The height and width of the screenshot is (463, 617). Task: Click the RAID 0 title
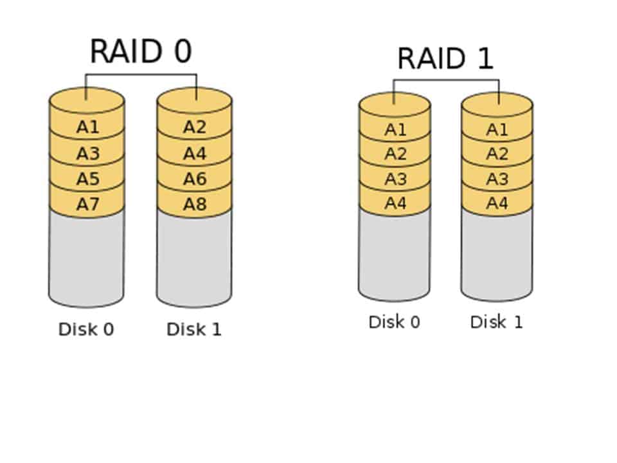coord(141,51)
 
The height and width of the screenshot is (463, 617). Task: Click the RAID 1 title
coord(445,59)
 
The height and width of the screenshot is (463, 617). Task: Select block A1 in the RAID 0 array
coord(87,127)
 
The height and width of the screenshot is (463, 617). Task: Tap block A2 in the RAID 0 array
coord(194,127)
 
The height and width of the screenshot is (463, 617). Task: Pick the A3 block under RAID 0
coord(87,154)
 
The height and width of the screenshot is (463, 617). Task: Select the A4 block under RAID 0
coord(194,154)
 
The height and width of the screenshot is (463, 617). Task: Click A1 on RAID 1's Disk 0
coord(395,130)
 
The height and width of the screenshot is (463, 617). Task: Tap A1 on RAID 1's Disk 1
coord(497,130)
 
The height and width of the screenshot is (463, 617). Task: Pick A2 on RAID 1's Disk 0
coord(395,154)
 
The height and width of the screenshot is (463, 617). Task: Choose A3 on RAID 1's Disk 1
coord(497,179)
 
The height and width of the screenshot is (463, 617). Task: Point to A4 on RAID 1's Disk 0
coord(395,204)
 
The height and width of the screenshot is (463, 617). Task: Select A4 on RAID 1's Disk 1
coord(497,204)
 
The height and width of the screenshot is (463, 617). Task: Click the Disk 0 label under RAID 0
coord(86,329)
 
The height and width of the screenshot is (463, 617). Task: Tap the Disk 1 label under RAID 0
coord(194,329)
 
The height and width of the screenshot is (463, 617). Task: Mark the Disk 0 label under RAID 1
coord(394,322)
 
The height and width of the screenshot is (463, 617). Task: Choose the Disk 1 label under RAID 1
coord(496,322)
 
